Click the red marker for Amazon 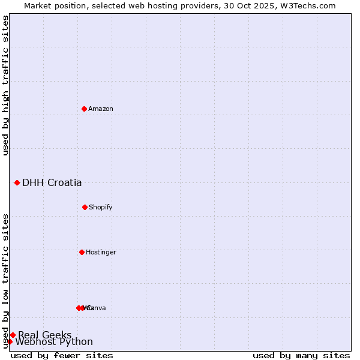[84, 109]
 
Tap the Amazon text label [101, 109]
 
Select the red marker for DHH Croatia [17, 182]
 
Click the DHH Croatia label [52, 183]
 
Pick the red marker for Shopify [85, 207]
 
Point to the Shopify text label [101, 207]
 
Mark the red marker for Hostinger [82, 252]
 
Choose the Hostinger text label [101, 252]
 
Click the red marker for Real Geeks [13, 335]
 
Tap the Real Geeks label [45, 335]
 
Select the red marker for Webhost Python [10, 341]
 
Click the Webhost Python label [54, 342]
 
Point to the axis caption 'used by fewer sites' [62, 355]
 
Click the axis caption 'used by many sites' [301, 355]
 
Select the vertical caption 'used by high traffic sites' [6, 85]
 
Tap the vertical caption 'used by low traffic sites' [6, 280]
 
